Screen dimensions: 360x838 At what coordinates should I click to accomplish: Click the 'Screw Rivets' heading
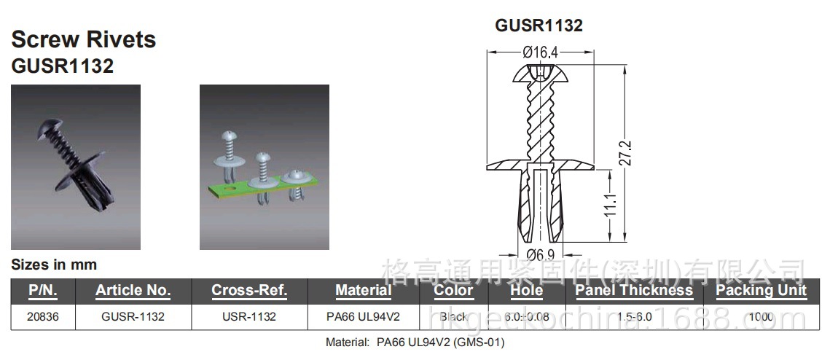point(84,39)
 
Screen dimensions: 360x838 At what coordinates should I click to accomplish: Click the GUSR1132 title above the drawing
point(539,26)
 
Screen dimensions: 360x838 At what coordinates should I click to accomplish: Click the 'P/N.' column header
point(43,290)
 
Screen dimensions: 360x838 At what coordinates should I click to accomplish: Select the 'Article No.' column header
point(133,290)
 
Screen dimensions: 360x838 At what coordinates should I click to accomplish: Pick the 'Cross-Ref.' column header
point(249,290)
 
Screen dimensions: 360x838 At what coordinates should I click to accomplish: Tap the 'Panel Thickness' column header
point(633,290)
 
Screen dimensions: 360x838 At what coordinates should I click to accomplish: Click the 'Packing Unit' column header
point(761,290)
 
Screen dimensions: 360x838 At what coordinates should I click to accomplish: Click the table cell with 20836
point(43,317)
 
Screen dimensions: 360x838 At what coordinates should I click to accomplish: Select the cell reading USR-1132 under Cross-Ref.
point(249,317)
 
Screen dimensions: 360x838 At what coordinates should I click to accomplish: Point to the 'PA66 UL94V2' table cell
point(363,317)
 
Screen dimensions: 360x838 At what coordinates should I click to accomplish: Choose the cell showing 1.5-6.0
point(633,317)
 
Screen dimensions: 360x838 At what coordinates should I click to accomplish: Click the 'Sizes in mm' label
point(54,265)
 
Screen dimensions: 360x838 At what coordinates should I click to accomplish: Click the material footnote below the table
point(415,342)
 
